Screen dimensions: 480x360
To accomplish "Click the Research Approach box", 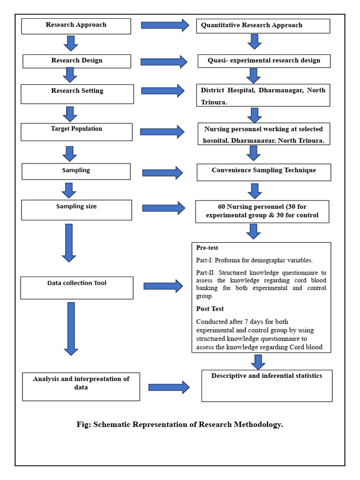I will click(76, 25).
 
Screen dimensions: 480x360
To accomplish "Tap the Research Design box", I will click(76, 61).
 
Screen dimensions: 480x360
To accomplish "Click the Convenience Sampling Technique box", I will click(264, 172).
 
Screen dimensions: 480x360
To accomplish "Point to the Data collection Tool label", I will click(77, 283).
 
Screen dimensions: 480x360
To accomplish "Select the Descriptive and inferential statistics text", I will click(267, 376).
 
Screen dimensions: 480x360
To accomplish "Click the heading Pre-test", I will click(207, 248).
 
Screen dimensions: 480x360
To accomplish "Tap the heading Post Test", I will click(210, 309).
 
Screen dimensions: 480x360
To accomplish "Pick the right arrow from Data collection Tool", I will click(163, 286).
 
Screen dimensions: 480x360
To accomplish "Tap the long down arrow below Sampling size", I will click(69, 242).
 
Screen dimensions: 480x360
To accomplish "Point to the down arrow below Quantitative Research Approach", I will click(254, 41).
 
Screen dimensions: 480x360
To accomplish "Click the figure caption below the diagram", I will click(180, 425).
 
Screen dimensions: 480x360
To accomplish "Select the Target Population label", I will click(76, 129).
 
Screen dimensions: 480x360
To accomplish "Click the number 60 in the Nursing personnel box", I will click(222, 206).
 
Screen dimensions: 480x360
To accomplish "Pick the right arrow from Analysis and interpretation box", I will click(169, 387).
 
